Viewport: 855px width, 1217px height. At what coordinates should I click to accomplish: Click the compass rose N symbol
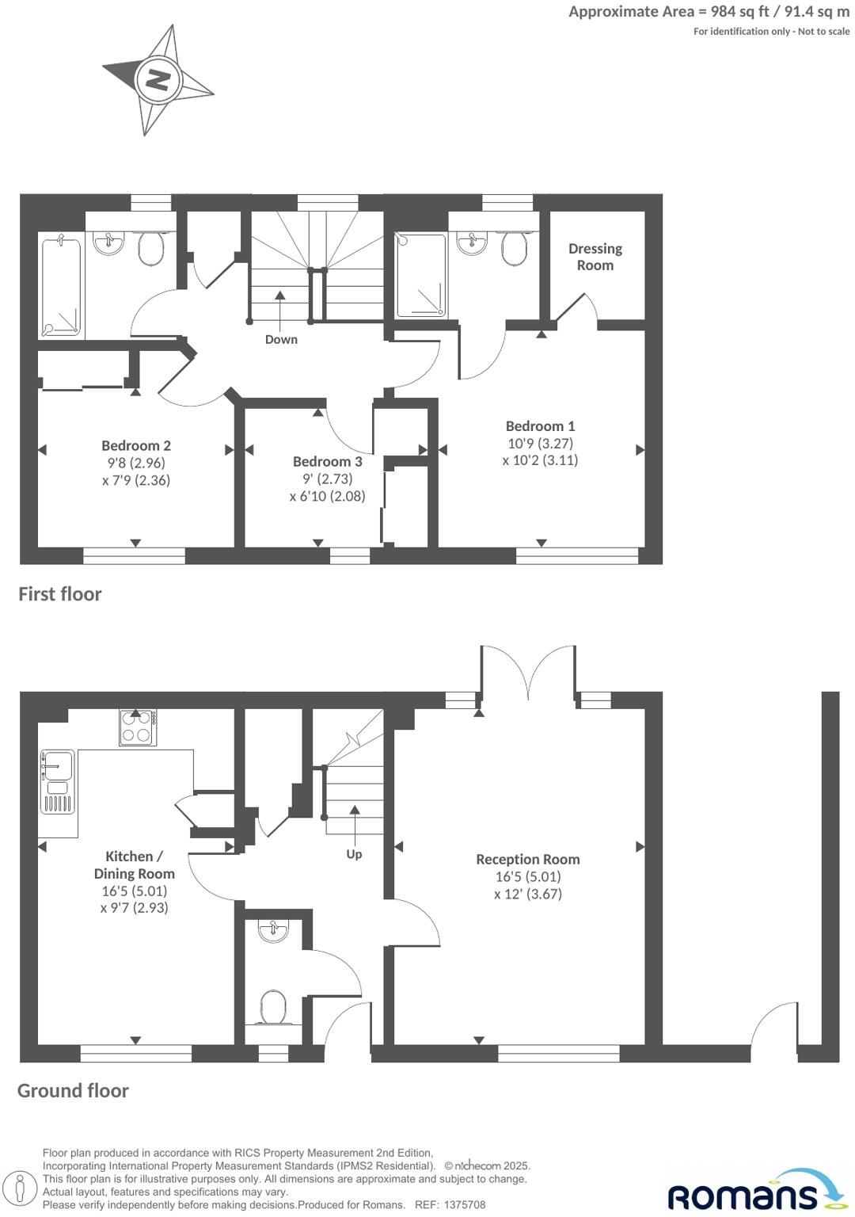click(x=158, y=80)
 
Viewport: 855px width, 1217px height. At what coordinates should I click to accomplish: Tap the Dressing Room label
click(x=595, y=257)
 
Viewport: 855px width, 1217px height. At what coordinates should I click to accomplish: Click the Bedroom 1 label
click(x=540, y=426)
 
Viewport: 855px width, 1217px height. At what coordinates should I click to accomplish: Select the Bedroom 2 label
click(x=136, y=446)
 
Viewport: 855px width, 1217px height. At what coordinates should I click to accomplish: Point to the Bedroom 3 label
click(x=327, y=462)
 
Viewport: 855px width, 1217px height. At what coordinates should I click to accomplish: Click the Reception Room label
click(x=527, y=860)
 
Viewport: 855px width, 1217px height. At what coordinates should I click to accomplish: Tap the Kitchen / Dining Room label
click(x=134, y=865)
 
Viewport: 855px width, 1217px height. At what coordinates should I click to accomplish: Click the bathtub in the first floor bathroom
click(x=61, y=285)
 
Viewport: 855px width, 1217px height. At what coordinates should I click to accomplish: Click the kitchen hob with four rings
click(x=137, y=727)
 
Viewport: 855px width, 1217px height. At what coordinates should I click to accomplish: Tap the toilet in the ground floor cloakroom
click(x=273, y=1006)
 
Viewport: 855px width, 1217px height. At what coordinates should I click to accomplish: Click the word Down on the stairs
click(x=281, y=340)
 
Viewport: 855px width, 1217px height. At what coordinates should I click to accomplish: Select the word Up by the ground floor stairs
click(x=354, y=854)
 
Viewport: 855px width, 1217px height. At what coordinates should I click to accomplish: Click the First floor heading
click(x=60, y=594)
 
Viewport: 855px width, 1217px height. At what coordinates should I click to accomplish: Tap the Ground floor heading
click(x=73, y=1091)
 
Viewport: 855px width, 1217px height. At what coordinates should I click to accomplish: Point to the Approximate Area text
click(x=709, y=12)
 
